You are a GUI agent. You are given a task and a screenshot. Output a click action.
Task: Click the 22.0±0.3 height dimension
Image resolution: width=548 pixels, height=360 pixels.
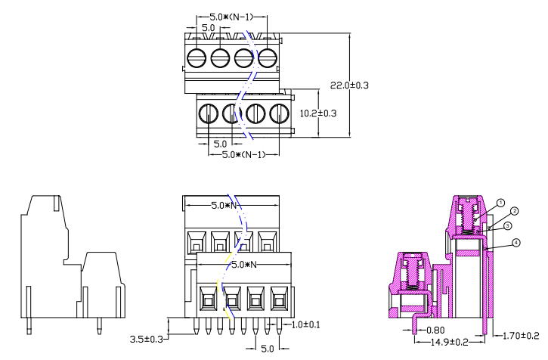349,85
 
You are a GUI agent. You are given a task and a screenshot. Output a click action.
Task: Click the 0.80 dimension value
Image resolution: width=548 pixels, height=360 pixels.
435,330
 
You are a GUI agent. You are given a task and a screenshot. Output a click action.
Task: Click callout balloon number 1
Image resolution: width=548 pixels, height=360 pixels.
500,203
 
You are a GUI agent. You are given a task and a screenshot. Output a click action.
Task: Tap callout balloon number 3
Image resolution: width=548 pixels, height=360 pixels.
508,225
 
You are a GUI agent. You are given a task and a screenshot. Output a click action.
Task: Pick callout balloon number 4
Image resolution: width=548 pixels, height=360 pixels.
515,243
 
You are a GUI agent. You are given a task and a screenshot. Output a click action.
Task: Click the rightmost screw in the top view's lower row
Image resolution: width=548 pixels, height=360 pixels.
280,113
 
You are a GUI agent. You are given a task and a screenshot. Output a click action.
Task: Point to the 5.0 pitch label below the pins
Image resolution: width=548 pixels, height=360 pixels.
268,349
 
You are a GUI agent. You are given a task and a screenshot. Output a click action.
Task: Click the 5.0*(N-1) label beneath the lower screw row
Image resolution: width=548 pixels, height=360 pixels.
243,154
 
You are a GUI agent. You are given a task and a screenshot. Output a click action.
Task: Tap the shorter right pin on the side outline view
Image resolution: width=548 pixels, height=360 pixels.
100,327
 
